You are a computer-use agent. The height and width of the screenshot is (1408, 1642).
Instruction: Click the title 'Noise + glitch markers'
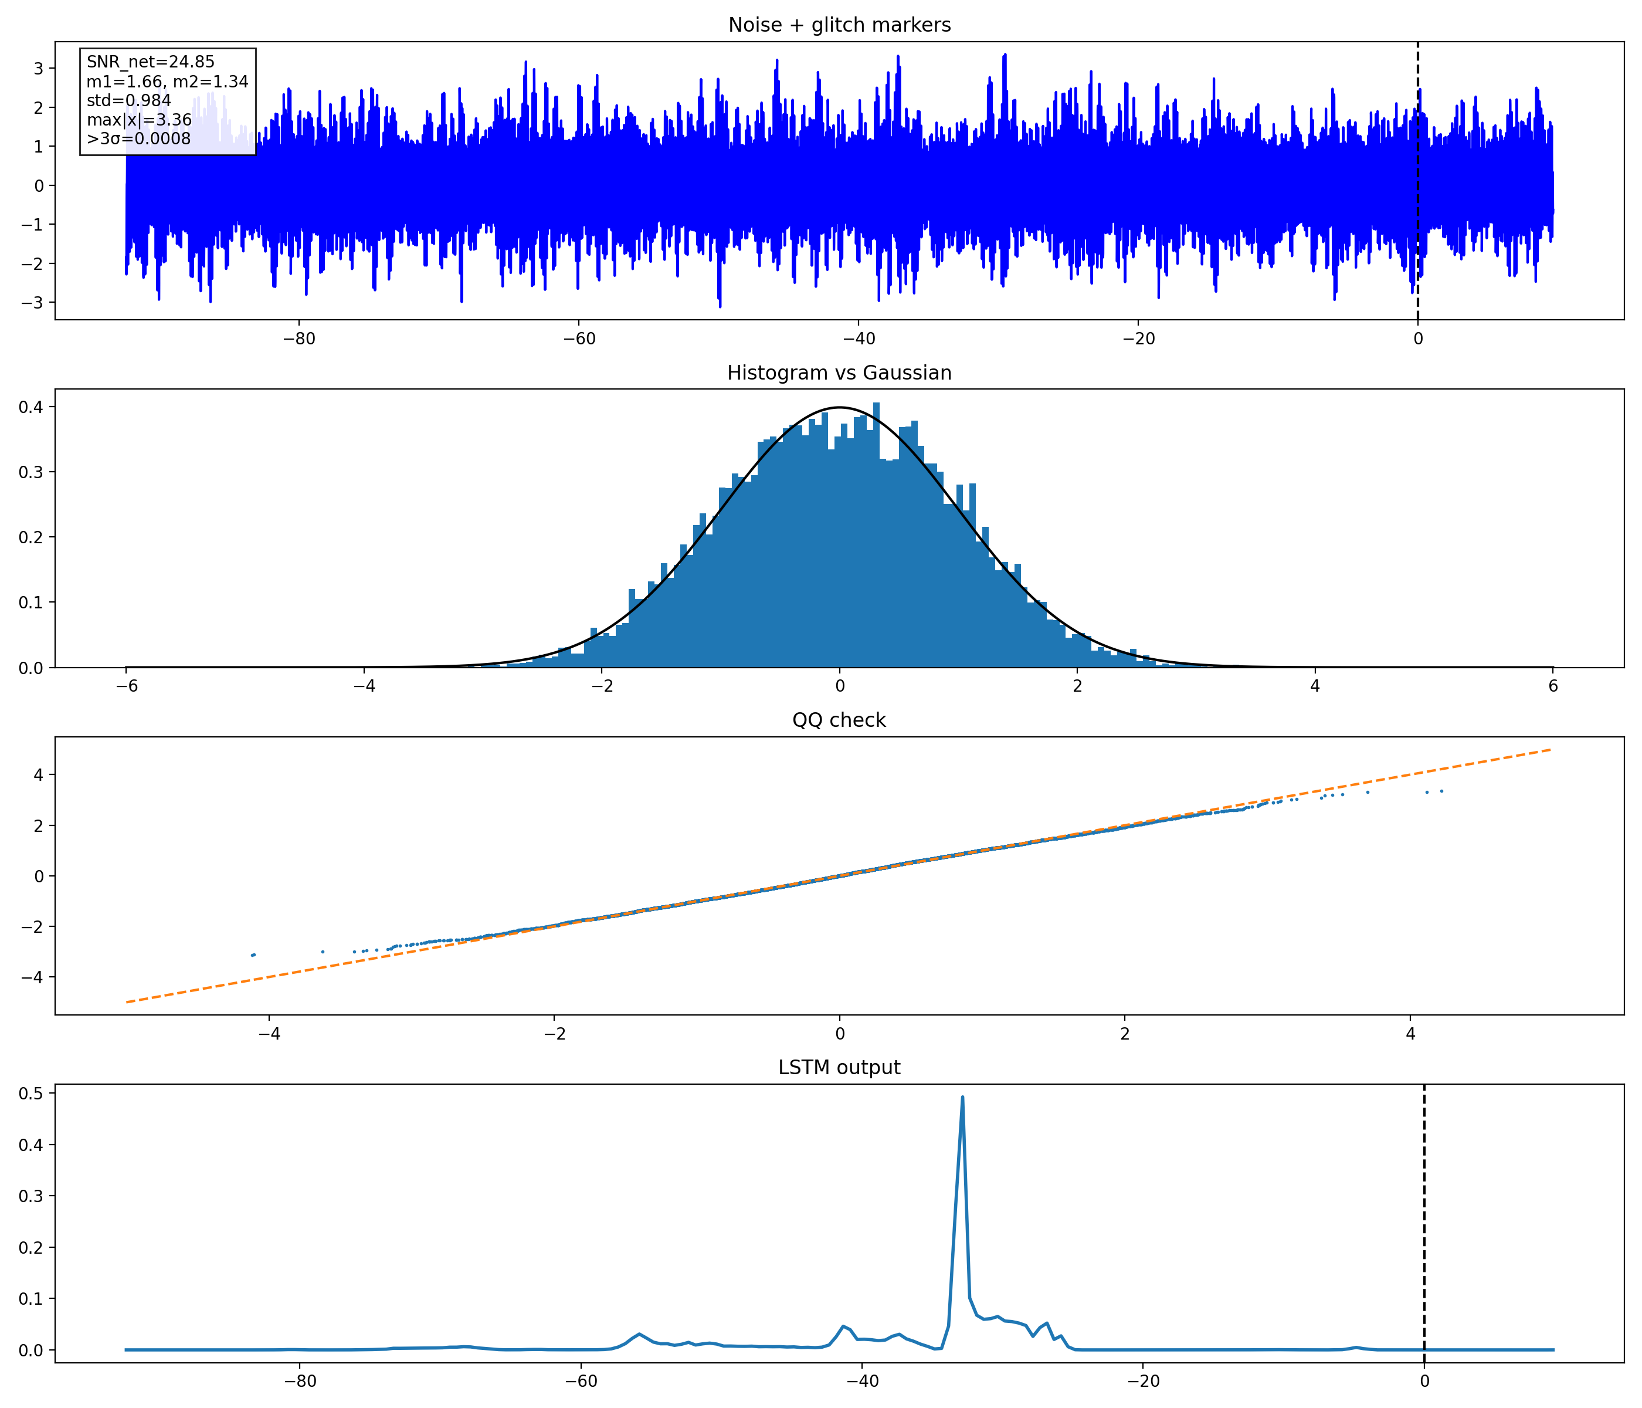(839, 25)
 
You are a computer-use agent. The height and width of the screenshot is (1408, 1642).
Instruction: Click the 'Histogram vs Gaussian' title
(839, 373)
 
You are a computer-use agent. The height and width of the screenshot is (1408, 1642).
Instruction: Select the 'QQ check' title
(839, 720)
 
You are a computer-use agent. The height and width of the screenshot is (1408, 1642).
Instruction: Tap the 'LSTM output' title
(839, 1067)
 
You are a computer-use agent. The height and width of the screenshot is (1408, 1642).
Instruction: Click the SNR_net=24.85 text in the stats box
(151, 62)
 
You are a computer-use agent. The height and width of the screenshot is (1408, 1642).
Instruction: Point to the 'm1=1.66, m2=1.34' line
(167, 82)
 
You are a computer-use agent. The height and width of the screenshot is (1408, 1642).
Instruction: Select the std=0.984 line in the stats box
(128, 101)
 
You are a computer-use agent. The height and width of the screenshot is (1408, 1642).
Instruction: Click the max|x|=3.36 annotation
(138, 120)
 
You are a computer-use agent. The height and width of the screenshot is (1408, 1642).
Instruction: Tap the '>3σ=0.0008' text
(138, 138)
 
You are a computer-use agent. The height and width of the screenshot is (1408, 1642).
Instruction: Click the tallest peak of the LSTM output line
(962, 1097)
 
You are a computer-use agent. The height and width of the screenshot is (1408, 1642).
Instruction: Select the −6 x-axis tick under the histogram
(126, 686)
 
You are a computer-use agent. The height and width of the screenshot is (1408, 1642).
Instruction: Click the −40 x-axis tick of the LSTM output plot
(862, 1380)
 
